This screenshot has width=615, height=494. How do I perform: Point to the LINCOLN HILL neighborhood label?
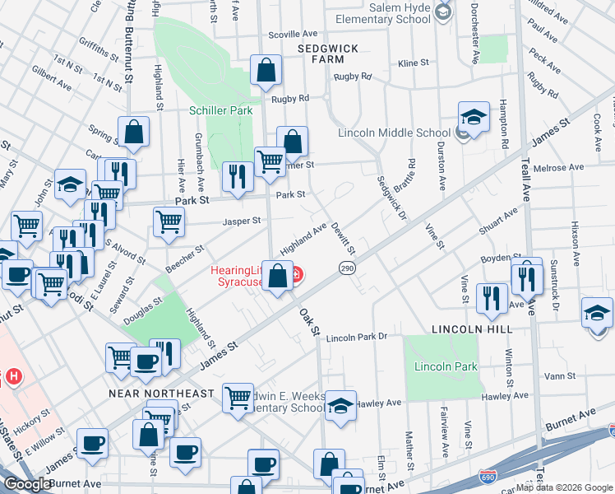tap(472, 329)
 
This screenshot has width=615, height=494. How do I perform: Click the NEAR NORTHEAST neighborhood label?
tap(162, 394)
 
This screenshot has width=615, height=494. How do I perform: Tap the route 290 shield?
tap(347, 268)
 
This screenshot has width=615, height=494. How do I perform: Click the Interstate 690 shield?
tap(488, 476)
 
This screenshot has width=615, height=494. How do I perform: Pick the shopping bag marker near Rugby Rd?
tap(266, 72)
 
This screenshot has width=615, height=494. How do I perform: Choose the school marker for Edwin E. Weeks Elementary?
tap(340, 406)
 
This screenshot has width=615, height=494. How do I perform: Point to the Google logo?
tap(27, 484)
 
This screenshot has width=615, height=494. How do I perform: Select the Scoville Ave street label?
tap(294, 35)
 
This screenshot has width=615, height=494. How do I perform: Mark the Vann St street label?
tap(559, 376)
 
